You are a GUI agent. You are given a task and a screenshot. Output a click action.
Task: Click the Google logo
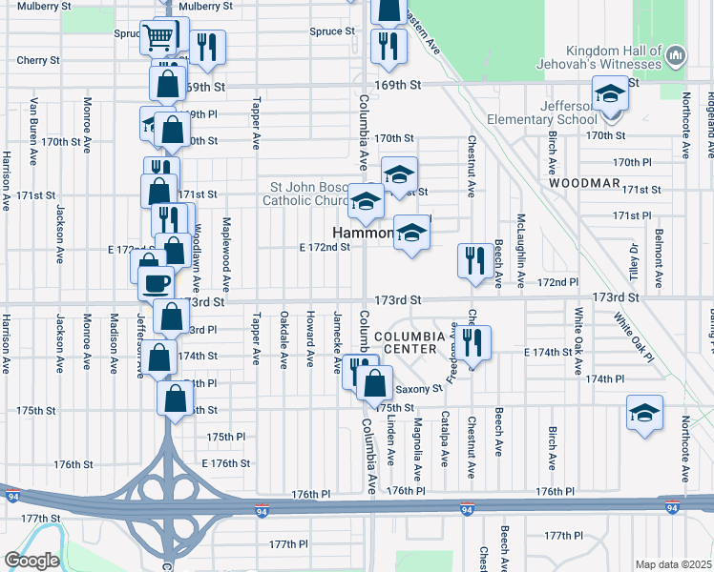tap(31, 561)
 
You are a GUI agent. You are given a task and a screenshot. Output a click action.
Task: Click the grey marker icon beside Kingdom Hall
tap(674, 56)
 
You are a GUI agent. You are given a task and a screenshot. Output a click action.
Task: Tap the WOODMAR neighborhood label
tap(584, 182)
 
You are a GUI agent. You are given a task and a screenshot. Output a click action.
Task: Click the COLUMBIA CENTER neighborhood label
tap(410, 344)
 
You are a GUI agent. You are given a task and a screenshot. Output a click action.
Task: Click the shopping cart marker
tap(158, 37)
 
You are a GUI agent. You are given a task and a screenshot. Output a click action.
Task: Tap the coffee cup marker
tap(157, 281)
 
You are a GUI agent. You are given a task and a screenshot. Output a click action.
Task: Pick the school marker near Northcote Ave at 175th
tap(644, 413)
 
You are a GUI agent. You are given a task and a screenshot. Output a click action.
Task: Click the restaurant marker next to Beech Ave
tap(475, 260)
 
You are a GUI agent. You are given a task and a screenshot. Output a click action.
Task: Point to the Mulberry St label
tap(205, 6)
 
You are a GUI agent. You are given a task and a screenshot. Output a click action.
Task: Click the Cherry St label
tap(38, 59)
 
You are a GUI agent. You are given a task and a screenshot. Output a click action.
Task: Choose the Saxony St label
tap(419, 389)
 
